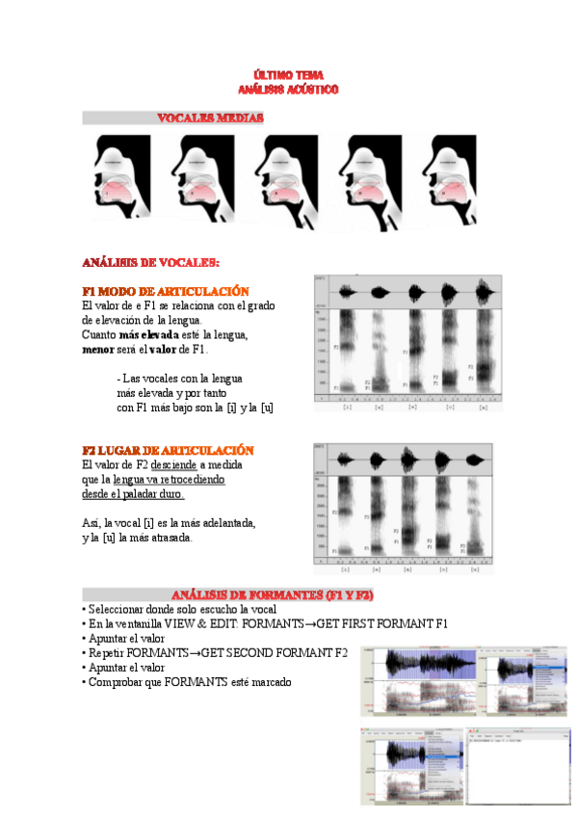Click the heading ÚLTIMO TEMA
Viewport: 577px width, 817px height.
[x=289, y=75]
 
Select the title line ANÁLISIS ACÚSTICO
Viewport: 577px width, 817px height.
[x=289, y=89]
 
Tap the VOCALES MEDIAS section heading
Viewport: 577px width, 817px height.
[x=211, y=118]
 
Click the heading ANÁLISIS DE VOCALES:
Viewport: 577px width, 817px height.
[x=150, y=262]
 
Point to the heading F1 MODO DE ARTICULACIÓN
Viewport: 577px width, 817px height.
[x=166, y=291]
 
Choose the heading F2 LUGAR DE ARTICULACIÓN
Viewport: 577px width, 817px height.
[x=168, y=450]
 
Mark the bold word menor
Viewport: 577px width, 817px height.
[x=98, y=349]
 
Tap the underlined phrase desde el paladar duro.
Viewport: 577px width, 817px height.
[x=132, y=493]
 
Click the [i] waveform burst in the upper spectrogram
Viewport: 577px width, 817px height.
[x=347, y=294]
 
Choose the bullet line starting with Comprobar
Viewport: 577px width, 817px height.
[x=188, y=682]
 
